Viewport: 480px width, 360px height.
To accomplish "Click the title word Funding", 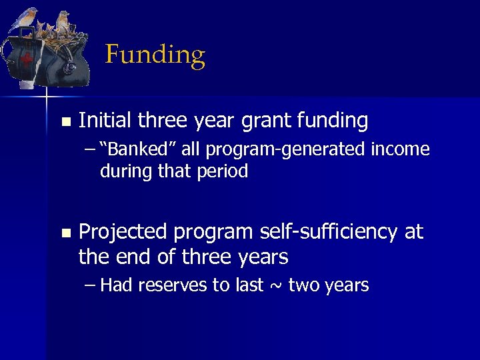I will point(155,55).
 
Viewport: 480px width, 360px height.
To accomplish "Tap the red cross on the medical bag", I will point(26,59).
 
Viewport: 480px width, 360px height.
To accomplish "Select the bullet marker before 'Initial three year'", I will point(65,122).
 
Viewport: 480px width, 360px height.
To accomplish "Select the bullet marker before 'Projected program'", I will point(65,233).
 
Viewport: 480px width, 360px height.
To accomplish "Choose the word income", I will point(403,150).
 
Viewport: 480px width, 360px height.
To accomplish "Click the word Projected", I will point(123,232).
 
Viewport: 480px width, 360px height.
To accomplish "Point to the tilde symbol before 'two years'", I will point(276,286).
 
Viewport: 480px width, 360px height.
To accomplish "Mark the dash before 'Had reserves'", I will point(91,285).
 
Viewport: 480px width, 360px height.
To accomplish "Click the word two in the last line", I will point(303,285).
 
